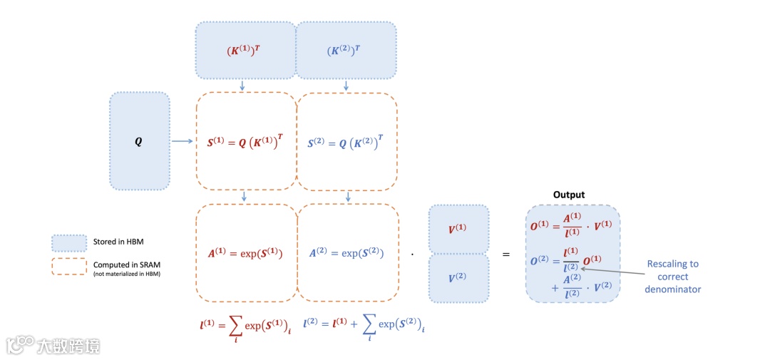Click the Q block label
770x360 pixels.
tap(138, 141)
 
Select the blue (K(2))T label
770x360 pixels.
tap(346, 51)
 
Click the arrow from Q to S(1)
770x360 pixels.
tap(182, 141)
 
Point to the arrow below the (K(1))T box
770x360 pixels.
tap(243, 86)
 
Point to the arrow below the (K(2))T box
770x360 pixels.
tap(346, 86)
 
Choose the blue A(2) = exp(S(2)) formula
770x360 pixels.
tap(346, 253)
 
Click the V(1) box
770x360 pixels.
tap(458, 229)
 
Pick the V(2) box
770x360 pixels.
tap(458, 278)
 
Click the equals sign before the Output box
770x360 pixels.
tap(506, 254)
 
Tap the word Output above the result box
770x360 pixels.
tap(569, 195)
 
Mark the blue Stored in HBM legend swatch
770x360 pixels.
tap(68, 242)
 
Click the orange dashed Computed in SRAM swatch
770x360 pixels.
tap(68, 266)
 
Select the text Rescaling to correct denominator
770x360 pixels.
tap(672, 277)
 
